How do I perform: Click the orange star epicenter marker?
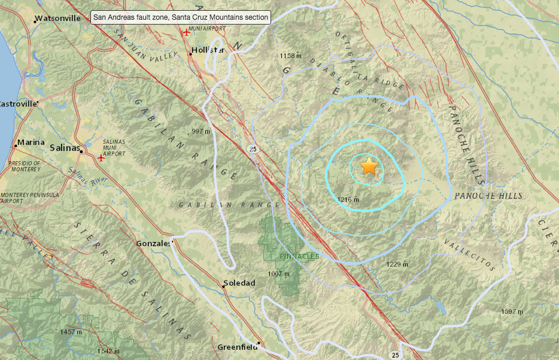click(369, 167)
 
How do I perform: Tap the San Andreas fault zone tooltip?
click(180, 17)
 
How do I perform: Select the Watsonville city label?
click(57, 18)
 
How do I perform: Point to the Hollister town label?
click(208, 50)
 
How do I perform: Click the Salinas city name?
click(65, 147)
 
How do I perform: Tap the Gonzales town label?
click(154, 244)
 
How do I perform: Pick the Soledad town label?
click(239, 283)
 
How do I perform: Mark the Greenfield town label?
click(237, 347)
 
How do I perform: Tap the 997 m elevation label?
click(200, 131)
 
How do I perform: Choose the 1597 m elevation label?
click(511, 311)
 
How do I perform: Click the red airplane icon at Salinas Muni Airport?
click(101, 158)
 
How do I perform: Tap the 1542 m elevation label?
click(108, 350)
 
